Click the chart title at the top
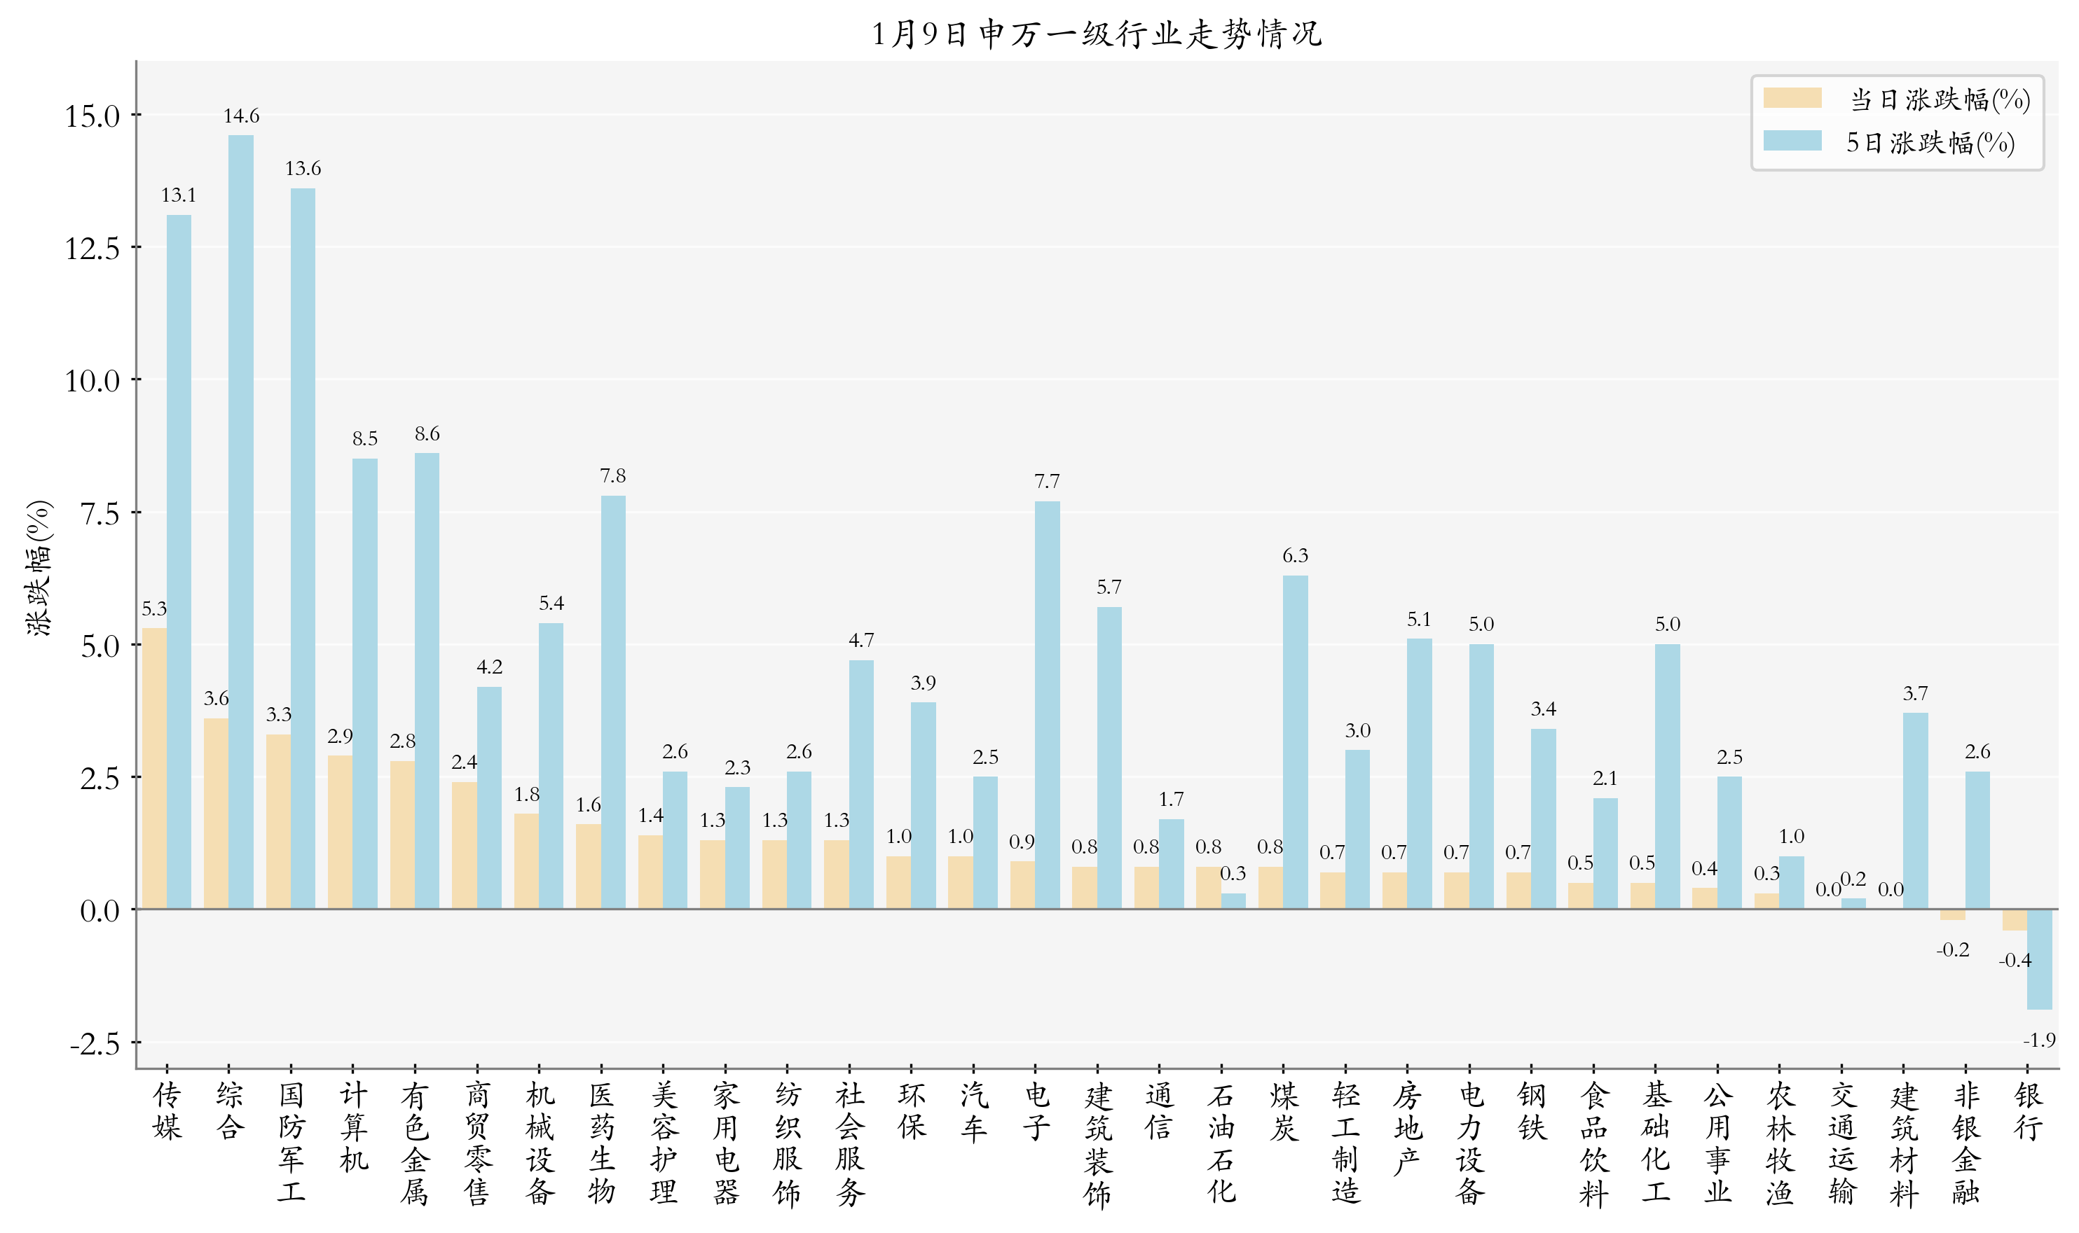click(x=1096, y=34)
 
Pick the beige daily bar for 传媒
click(x=155, y=769)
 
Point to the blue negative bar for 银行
click(x=2039, y=960)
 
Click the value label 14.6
click(x=241, y=116)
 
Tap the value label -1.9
click(x=2038, y=1040)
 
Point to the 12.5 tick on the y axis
click(x=92, y=249)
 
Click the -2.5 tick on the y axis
click(x=95, y=1043)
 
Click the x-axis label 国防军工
click(x=291, y=1143)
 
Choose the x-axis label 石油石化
click(x=1221, y=1143)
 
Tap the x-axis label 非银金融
click(x=1966, y=1143)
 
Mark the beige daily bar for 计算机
click(x=340, y=832)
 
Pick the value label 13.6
click(x=303, y=169)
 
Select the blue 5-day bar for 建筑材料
click(x=1915, y=811)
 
